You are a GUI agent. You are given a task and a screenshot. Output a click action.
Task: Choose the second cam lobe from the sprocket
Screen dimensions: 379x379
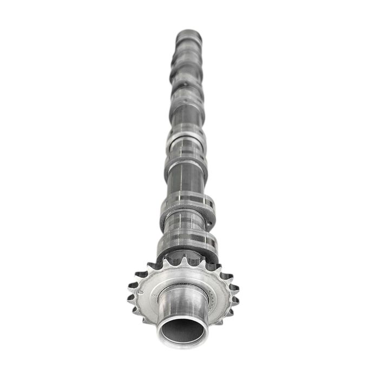click(187, 208)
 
